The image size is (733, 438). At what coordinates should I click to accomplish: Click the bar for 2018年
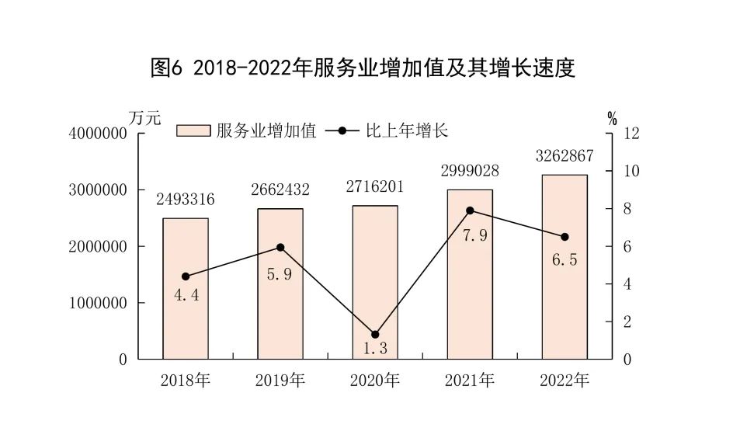click(186, 289)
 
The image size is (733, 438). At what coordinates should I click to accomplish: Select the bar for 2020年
click(375, 283)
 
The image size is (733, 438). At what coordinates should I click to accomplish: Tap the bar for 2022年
click(565, 267)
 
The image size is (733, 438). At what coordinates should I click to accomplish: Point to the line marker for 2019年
click(280, 248)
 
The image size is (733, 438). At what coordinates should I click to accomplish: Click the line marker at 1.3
click(375, 335)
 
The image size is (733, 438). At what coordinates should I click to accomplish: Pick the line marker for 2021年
click(470, 210)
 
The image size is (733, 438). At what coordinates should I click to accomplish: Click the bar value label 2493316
click(186, 199)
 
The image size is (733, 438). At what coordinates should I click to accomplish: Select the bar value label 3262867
click(565, 155)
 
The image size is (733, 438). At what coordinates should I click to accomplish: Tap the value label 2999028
click(470, 170)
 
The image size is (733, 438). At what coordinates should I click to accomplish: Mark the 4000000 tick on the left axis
click(97, 134)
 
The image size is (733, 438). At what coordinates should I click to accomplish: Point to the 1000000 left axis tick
click(97, 303)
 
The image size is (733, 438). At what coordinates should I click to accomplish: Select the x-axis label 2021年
click(470, 381)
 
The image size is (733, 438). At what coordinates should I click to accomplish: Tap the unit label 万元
click(144, 119)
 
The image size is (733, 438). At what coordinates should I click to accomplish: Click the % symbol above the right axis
click(612, 119)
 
